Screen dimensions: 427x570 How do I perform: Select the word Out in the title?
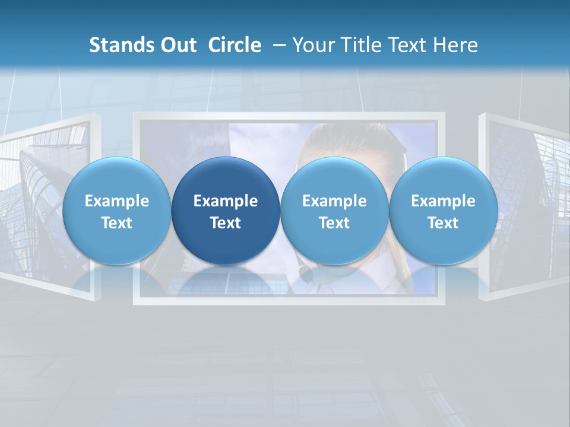pos(177,45)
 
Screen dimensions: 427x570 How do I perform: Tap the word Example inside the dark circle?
pos(226,201)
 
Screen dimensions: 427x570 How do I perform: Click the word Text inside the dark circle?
pos(226,223)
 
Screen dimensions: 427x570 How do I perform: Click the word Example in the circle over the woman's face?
pos(334,201)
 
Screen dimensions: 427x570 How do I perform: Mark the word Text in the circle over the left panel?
pos(116,223)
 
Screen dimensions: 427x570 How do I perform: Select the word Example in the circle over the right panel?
pos(443,201)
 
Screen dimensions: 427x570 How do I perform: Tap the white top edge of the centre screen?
pos(289,116)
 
